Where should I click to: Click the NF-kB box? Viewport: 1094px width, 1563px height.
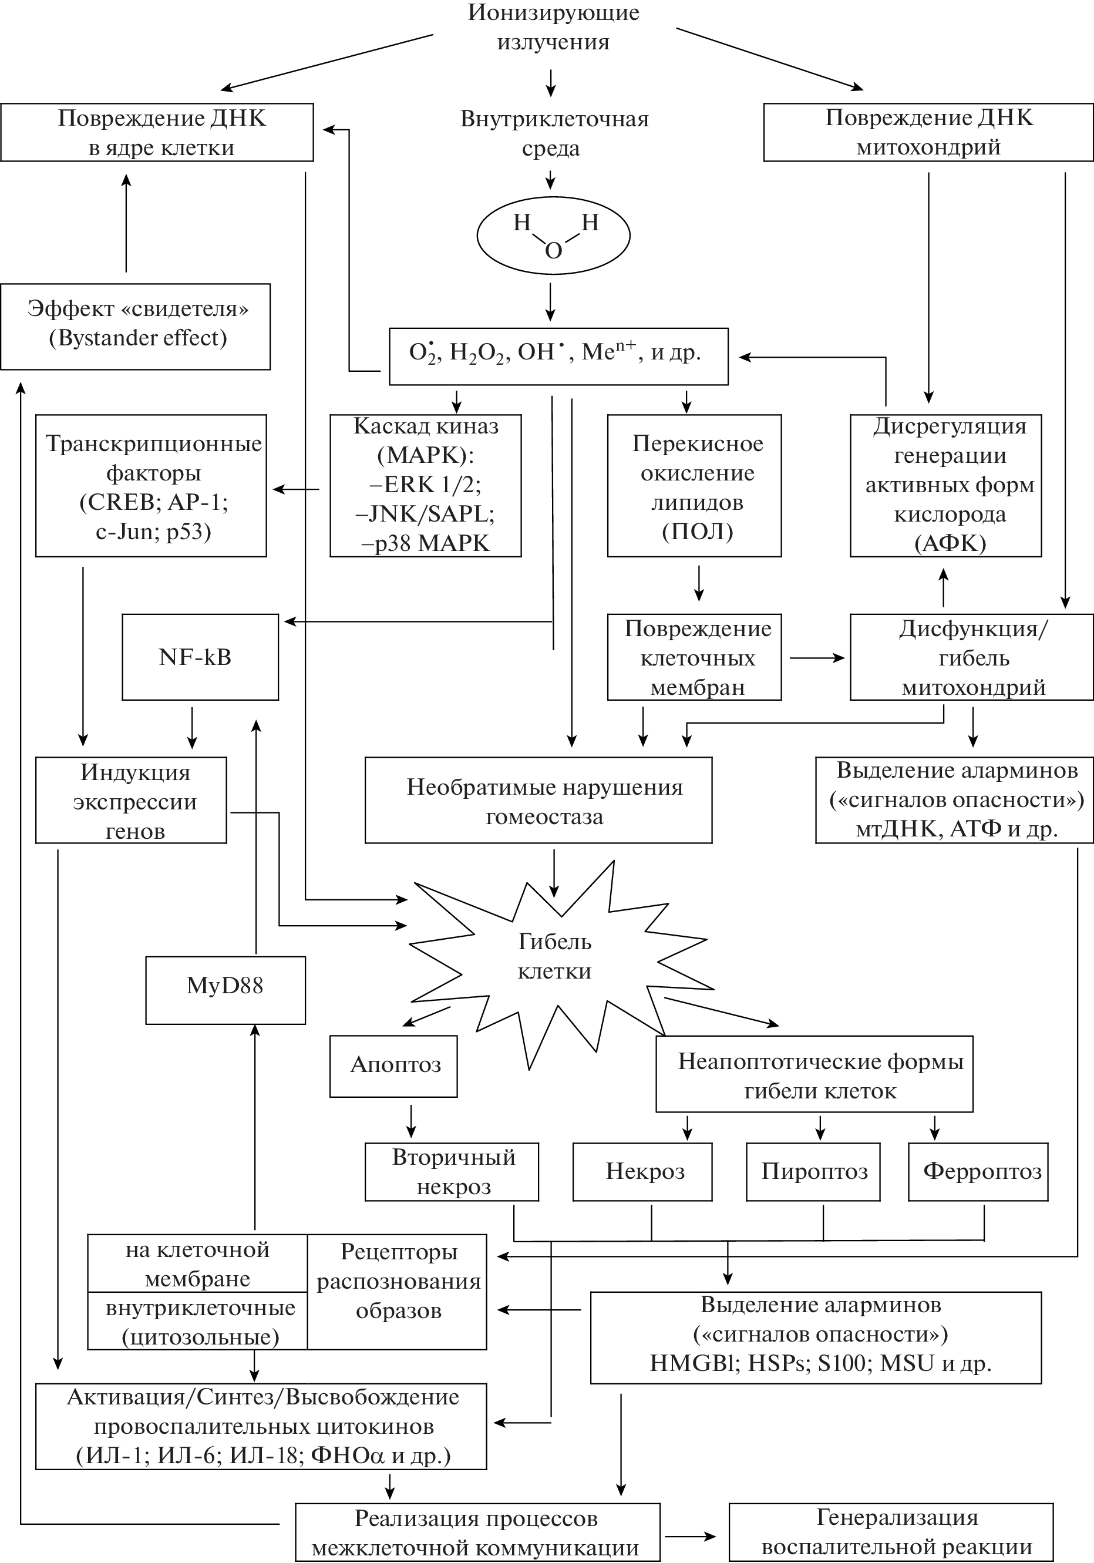tap(200, 657)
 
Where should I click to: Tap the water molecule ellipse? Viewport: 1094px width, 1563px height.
tap(553, 236)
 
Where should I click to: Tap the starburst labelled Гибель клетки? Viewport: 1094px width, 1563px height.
tap(554, 956)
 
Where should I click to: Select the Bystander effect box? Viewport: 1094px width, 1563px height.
tap(136, 326)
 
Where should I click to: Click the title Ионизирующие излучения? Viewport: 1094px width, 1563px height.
tap(553, 27)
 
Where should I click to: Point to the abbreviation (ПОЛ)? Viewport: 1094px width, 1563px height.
tap(697, 531)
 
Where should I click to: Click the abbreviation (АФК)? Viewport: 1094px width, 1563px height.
tap(950, 543)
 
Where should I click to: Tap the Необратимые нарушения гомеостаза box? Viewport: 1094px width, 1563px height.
tap(538, 801)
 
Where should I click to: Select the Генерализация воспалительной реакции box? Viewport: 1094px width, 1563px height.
tap(890, 1532)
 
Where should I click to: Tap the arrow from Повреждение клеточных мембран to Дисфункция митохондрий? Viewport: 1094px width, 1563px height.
tap(816, 658)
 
